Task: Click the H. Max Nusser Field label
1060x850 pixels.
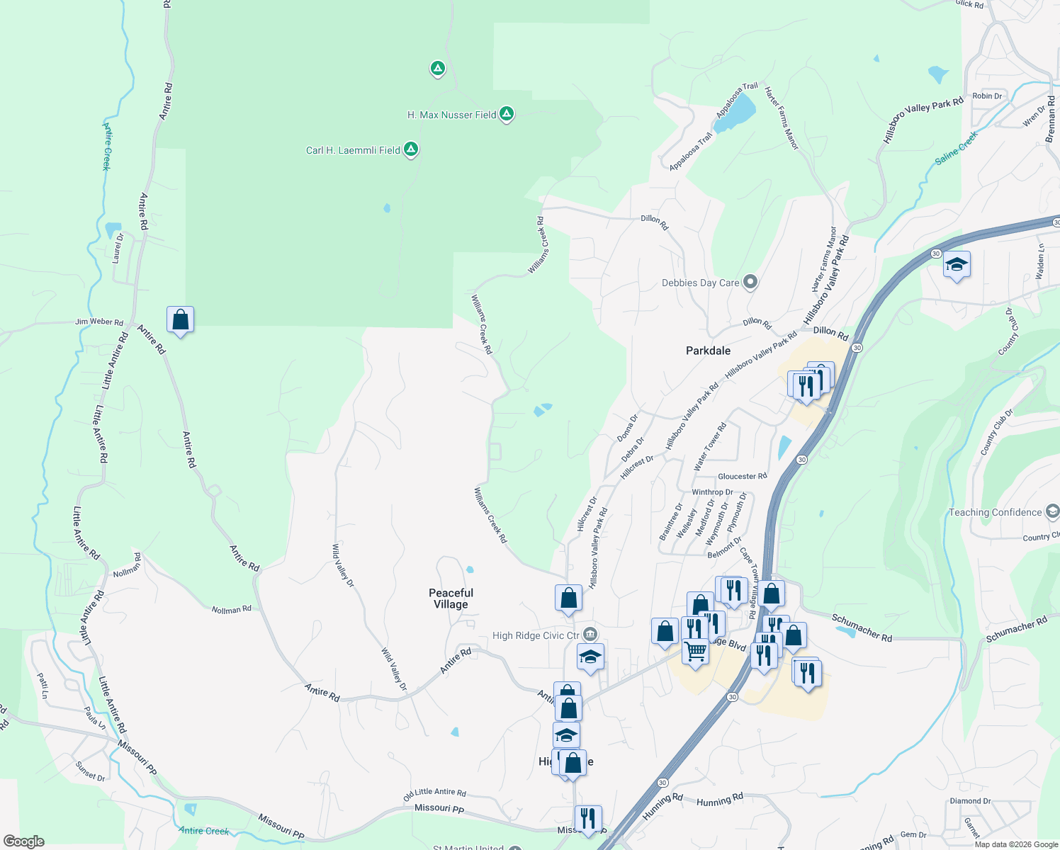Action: (451, 115)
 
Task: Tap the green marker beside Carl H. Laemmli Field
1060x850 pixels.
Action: (411, 149)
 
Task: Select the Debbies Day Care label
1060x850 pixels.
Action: (700, 283)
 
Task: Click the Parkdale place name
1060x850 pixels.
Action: (708, 351)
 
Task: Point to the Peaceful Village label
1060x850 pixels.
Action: (451, 599)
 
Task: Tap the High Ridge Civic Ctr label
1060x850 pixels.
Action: (536, 635)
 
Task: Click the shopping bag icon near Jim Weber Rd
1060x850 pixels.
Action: (181, 320)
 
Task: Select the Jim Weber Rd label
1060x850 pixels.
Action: (99, 322)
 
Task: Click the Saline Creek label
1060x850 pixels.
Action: (956, 148)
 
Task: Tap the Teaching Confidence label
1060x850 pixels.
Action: (995, 512)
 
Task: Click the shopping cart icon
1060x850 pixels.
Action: (696, 650)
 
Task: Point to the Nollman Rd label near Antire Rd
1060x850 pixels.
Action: (231, 609)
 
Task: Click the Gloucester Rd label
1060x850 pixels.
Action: (742, 477)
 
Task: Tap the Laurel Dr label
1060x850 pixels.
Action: (119, 248)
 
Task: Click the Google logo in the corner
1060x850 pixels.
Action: (23, 841)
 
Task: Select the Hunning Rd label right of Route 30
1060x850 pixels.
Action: (720, 800)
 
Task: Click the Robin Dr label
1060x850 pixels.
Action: (987, 96)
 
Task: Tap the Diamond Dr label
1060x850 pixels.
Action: (970, 801)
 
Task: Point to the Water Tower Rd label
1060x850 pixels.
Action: (710, 447)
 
